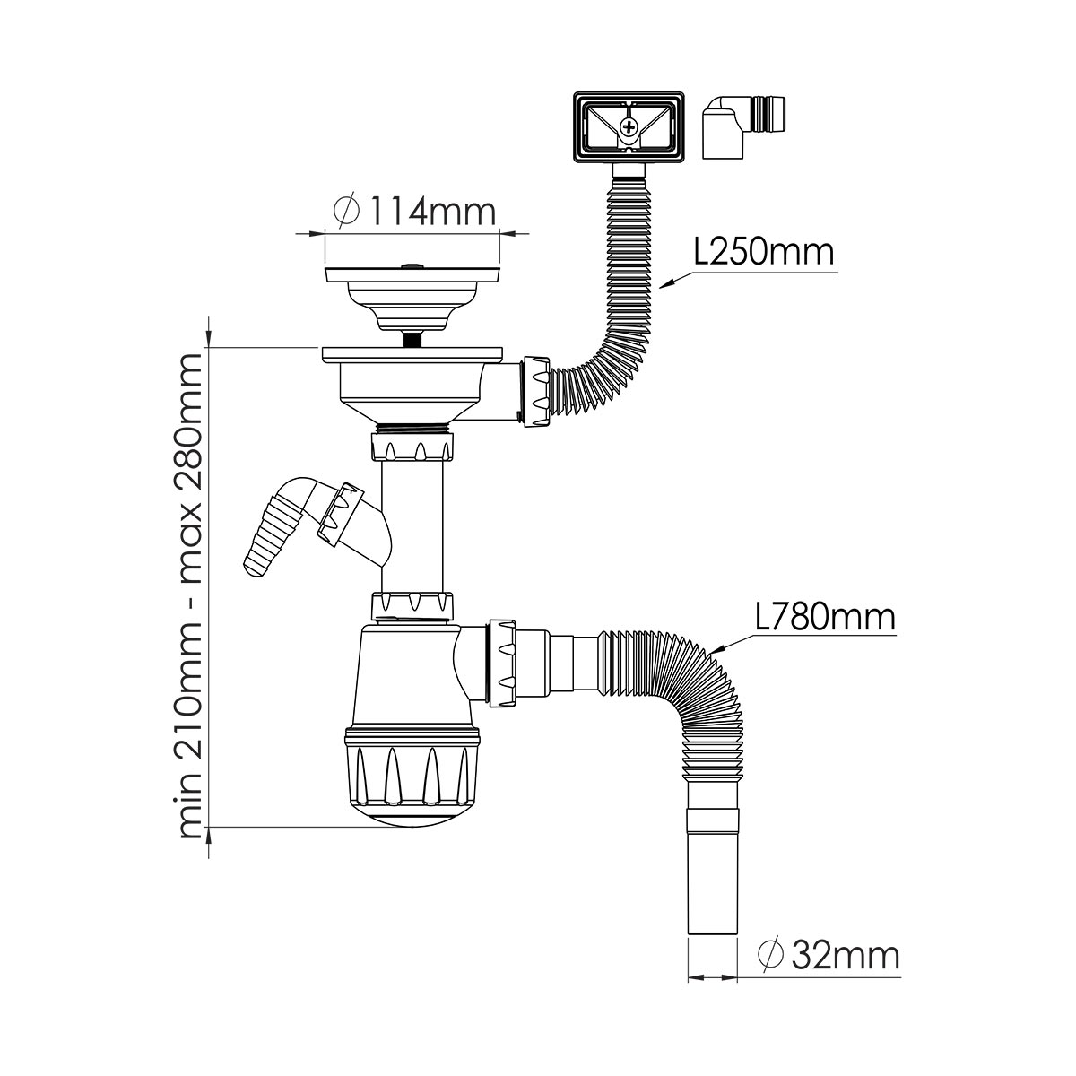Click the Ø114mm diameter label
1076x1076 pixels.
[x=414, y=211]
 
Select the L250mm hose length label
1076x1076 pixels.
[x=764, y=252]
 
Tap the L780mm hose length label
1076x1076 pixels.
[x=826, y=618]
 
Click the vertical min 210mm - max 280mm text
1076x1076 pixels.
[x=190, y=603]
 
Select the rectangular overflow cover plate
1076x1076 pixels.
[x=629, y=126]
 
